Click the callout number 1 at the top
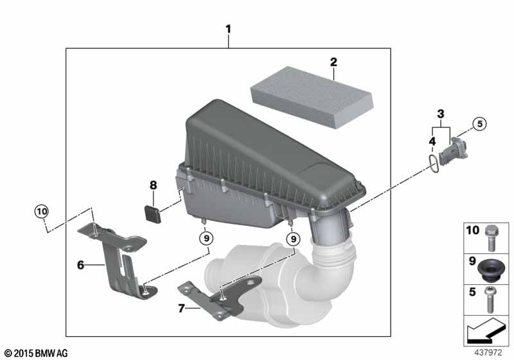pos(228,29)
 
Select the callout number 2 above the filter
pos(333,62)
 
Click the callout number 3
pos(440,114)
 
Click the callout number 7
pos(181,309)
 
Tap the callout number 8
pos(153,185)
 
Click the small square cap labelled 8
pos(153,212)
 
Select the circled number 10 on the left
pos(41,210)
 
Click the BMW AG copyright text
pos(35,353)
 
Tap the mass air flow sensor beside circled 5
pos(457,148)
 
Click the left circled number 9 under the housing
pos(206,239)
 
